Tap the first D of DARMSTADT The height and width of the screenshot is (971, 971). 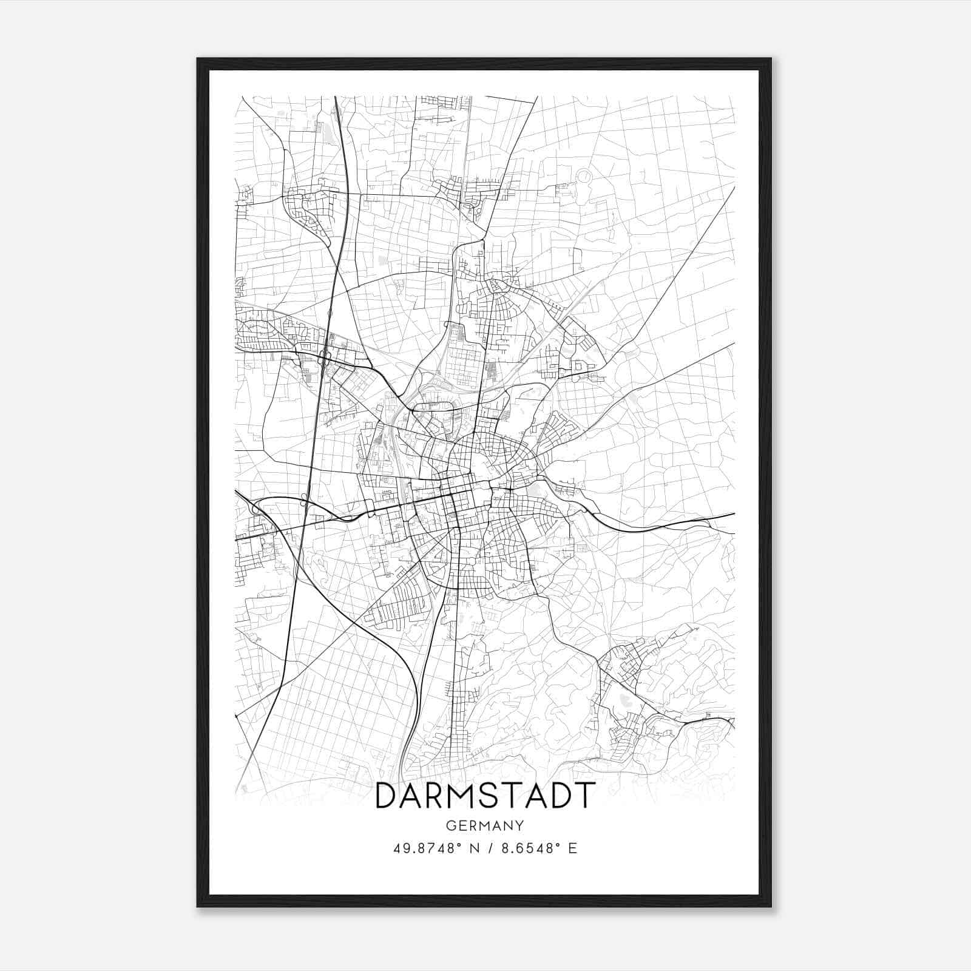click(x=388, y=796)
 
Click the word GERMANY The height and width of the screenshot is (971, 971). click(x=484, y=825)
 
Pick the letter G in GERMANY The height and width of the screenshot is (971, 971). click(x=450, y=825)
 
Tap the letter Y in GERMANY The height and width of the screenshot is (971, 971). click(x=519, y=825)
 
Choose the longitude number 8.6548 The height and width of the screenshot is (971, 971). click(x=526, y=848)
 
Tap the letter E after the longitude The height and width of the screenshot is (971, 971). click(x=573, y=848)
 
